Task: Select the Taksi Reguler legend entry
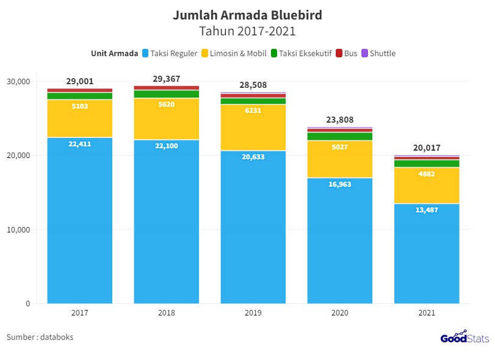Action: click(x=169, y=54)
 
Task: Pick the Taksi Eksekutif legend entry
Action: click(x=301, y=54)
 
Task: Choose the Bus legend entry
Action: click(x=347, y=54)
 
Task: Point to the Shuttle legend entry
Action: click(x=378, y=54)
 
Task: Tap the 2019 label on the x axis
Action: click(x=253, y=313)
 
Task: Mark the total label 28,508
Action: click(x=253, y=85)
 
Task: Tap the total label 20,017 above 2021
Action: click(x=427, y=148)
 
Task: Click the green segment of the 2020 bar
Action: click(x=340, y=137)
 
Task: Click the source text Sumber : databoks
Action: click(x=40, y=337)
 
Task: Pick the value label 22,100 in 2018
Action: click(x=167, y=146)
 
